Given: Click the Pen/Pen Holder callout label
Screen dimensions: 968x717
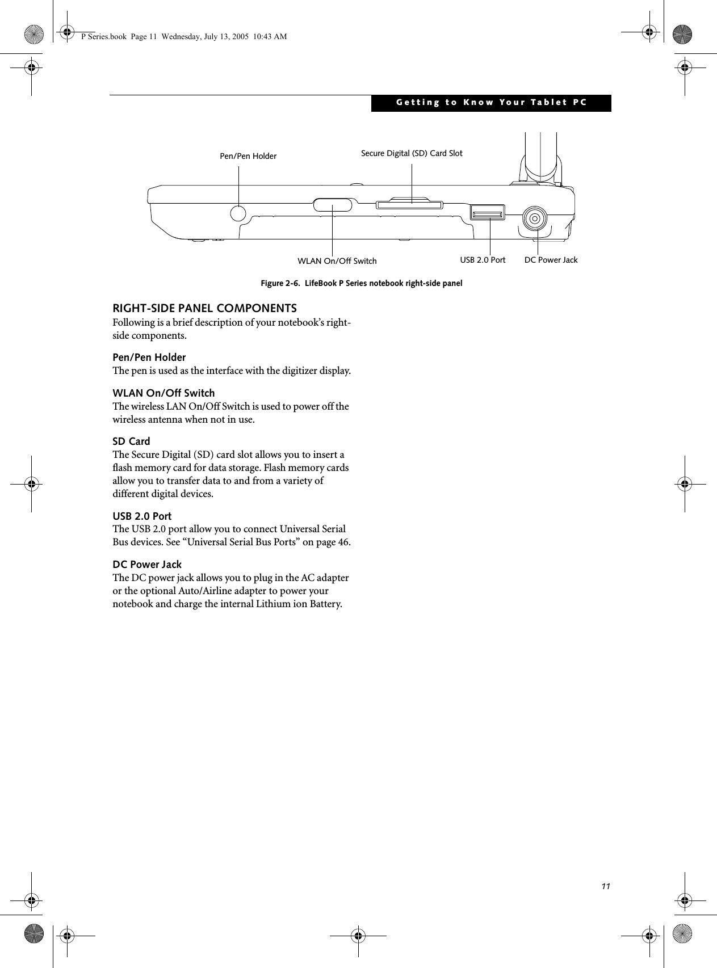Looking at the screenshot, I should coord(248,156).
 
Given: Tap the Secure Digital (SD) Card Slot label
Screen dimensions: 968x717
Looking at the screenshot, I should coord(412,153).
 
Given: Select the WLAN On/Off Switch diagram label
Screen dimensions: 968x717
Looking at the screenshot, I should coord(337,261).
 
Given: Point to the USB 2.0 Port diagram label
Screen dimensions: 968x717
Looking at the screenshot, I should coord(483,260).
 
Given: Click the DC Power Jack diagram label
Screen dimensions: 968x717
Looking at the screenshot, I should coord(551,260).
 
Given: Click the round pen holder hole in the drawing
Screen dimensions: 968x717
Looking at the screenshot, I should coord(239,213).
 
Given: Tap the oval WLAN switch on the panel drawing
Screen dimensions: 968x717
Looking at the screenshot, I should coord(333,204).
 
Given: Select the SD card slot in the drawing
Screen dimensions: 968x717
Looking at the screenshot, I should coord(409,203).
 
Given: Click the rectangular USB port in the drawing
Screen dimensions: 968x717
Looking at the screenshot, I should coord(487,214).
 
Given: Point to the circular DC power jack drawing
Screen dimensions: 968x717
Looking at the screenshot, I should coord(535,218).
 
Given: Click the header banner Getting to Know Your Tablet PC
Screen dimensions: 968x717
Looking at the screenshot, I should coord(491,103).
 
